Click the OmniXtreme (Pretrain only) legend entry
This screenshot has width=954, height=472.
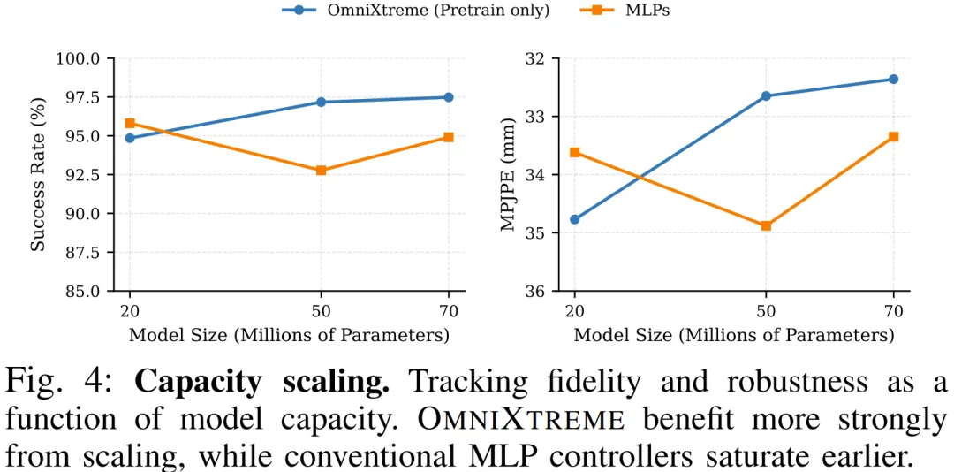(415, 10)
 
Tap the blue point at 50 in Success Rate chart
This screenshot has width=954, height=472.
(321, 103)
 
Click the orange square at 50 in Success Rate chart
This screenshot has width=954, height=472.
(321, 170)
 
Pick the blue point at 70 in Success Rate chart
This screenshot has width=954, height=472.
(448, 97)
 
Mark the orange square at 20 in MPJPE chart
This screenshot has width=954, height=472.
(575, 152)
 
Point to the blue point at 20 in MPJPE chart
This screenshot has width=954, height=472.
(575, 219)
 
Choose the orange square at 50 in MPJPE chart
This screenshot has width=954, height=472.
(766, 225)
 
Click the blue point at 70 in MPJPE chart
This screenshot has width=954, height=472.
(893, 80)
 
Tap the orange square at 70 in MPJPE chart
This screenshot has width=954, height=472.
(893, 136)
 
